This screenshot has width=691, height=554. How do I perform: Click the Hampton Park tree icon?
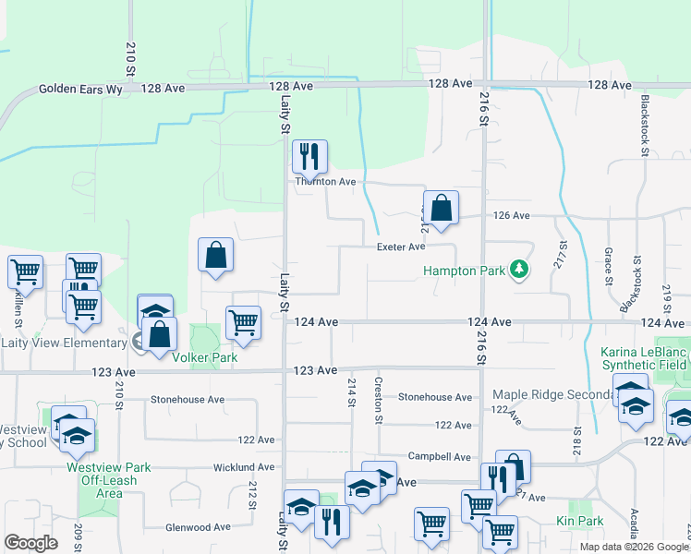520,271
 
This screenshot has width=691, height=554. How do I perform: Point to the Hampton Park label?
464,271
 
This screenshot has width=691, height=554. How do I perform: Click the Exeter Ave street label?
400,247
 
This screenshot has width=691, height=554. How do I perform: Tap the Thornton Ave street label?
325,182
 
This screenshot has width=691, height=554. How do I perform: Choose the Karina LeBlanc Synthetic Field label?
645,358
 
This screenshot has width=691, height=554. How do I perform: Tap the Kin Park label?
579,522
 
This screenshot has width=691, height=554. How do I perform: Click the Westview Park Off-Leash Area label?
102,479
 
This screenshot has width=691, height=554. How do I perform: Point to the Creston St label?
378,400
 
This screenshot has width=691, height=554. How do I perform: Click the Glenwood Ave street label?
197,527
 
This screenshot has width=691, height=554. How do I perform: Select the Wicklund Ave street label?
242,467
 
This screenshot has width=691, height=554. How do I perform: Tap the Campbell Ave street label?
441,456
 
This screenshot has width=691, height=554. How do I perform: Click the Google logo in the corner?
30,542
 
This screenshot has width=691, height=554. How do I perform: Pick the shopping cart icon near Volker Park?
243,322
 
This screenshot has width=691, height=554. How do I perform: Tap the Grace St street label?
609,265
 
